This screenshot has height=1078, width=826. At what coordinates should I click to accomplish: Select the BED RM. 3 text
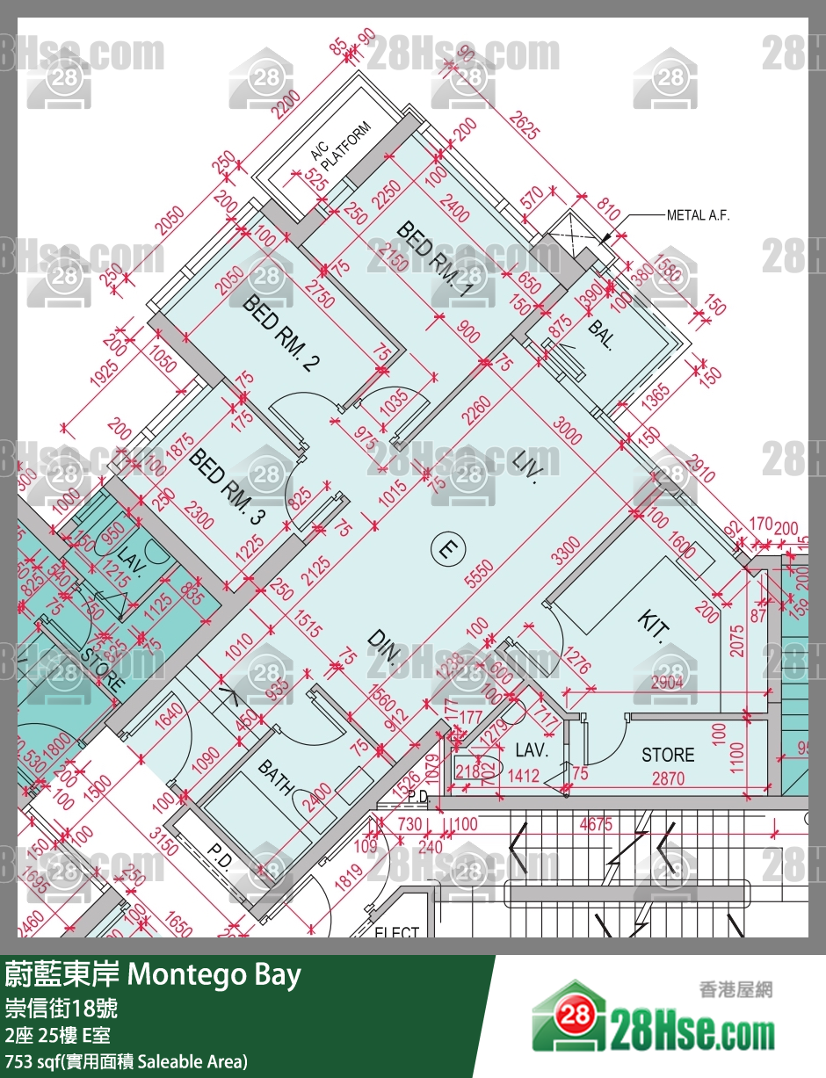(227, 487)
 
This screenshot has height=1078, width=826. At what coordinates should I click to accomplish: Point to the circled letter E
(446, 550)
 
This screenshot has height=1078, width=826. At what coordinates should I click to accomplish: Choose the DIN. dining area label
(385, 648)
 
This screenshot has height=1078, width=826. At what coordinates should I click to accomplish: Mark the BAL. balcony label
(601, 335)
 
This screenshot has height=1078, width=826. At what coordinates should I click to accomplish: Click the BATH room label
(274, 778)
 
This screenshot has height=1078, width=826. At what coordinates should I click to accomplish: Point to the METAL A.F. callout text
(698, 215)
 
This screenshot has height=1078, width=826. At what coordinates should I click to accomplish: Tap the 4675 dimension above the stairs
(597, 825)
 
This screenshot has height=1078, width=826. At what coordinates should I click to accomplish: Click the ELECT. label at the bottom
(397, 930)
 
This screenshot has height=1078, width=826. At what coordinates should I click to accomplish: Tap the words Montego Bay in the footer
(214, 974)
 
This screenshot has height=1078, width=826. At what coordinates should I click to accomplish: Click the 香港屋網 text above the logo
(735, 988)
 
